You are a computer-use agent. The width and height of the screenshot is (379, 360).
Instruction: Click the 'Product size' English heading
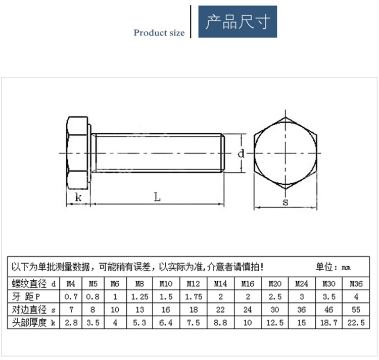point(159,33)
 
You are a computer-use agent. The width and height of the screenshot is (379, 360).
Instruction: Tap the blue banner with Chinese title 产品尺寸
point(238,22)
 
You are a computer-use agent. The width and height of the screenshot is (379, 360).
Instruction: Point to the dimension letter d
point(241,153)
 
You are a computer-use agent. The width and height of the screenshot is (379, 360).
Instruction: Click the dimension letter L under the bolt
point(157,197)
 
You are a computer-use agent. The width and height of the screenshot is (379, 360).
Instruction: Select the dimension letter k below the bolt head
point(78,197)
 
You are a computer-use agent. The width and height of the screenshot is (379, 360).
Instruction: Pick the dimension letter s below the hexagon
point(286,202)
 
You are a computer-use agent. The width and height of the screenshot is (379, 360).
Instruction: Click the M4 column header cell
point(71,283)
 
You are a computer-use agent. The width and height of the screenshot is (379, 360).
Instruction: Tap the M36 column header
point(356,283)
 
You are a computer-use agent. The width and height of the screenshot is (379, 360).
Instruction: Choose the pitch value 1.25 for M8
point(139,296)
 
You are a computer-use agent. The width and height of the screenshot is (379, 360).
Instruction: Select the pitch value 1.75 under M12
point(194,296)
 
